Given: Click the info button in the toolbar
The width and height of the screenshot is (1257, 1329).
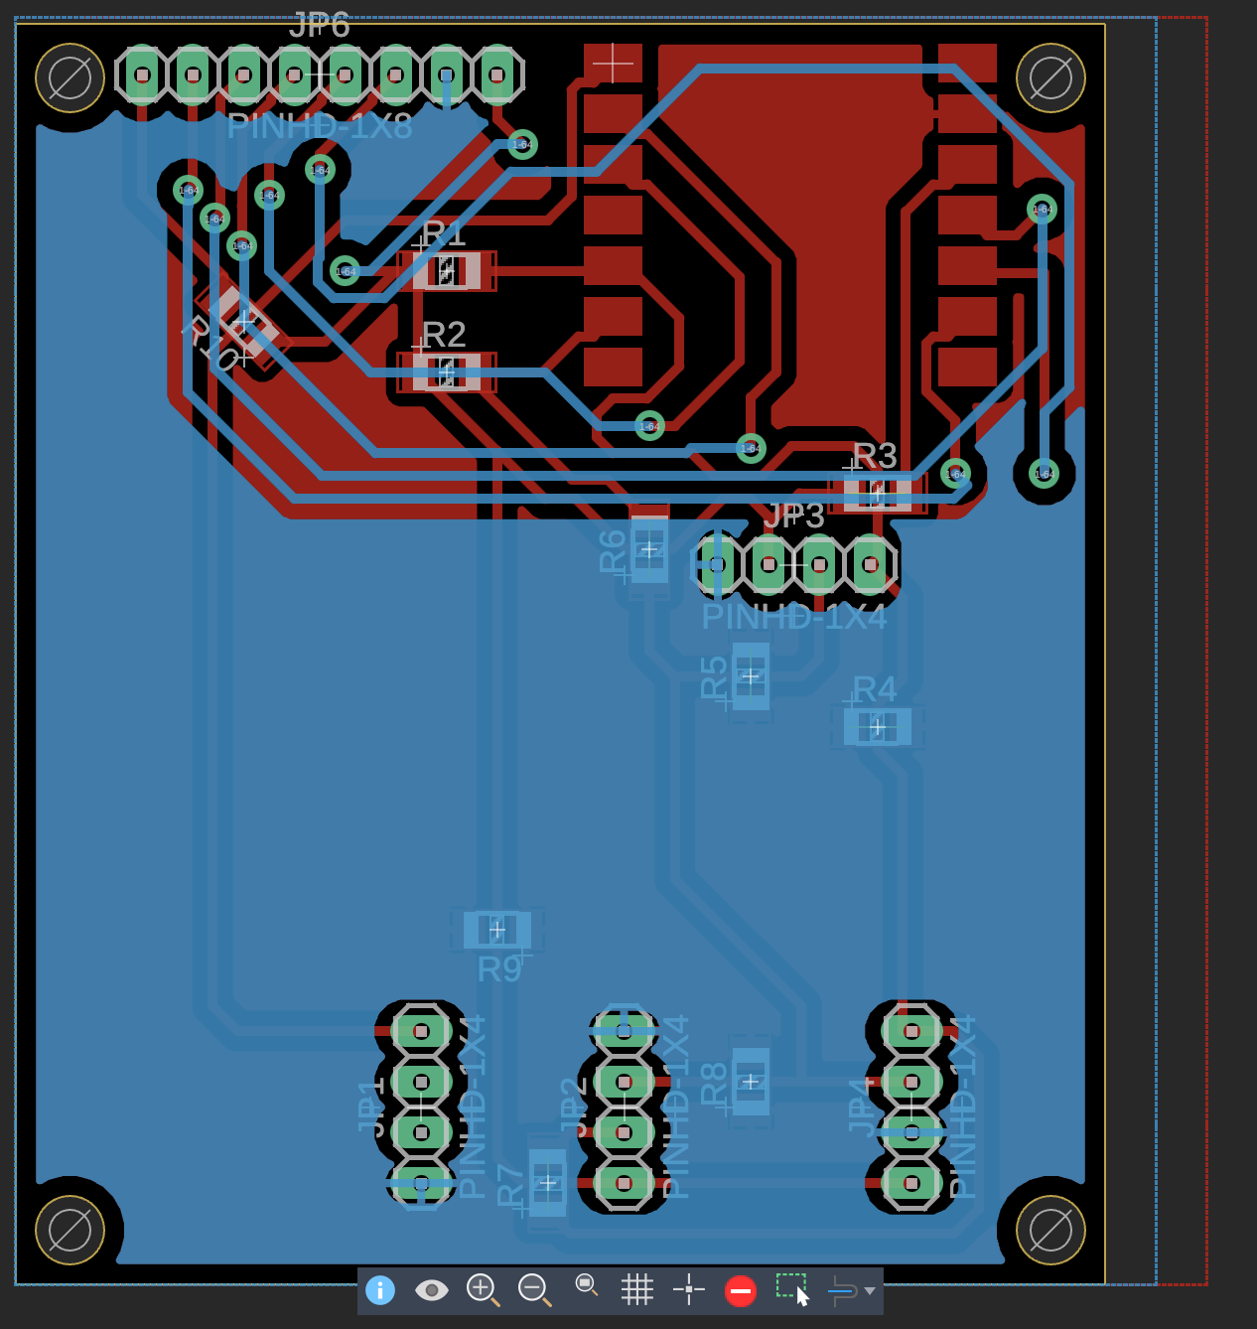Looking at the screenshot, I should pos(380,1290).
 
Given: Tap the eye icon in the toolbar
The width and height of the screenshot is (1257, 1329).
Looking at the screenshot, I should pos(431,1290).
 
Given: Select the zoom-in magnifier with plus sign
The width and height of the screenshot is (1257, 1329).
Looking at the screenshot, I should pos(483,1289).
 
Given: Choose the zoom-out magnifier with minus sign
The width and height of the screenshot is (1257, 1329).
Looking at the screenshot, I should pos(534,1289).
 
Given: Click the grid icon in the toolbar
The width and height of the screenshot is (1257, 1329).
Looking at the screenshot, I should pos(637,1290).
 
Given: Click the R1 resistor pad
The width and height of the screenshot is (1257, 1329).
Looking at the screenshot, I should pos(447,270).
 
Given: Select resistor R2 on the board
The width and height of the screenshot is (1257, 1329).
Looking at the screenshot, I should pos(447,372).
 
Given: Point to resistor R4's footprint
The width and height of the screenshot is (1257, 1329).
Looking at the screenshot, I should pos(878,727).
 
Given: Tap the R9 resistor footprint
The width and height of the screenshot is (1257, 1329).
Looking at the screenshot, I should pos(497,930).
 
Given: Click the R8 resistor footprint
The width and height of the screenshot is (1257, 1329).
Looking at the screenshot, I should pos(751,1082).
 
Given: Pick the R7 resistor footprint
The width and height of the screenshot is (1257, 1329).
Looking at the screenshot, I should pos(548,1183).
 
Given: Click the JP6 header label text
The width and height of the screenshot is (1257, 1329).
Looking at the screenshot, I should pos(320,26).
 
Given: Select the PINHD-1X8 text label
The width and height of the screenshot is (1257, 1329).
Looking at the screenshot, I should pos(320,127).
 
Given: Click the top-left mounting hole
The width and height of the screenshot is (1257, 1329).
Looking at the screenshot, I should pos(70,77).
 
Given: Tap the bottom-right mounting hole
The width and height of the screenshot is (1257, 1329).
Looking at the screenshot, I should pos(1051,1230).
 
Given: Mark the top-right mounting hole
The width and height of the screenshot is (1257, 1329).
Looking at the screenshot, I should pos(1051,77).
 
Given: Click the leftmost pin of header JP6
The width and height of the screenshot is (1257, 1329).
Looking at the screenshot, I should pos(143,74).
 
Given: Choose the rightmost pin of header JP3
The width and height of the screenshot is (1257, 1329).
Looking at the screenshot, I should pos(871,564).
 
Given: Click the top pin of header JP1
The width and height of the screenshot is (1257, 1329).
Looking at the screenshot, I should pos(421,1031).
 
